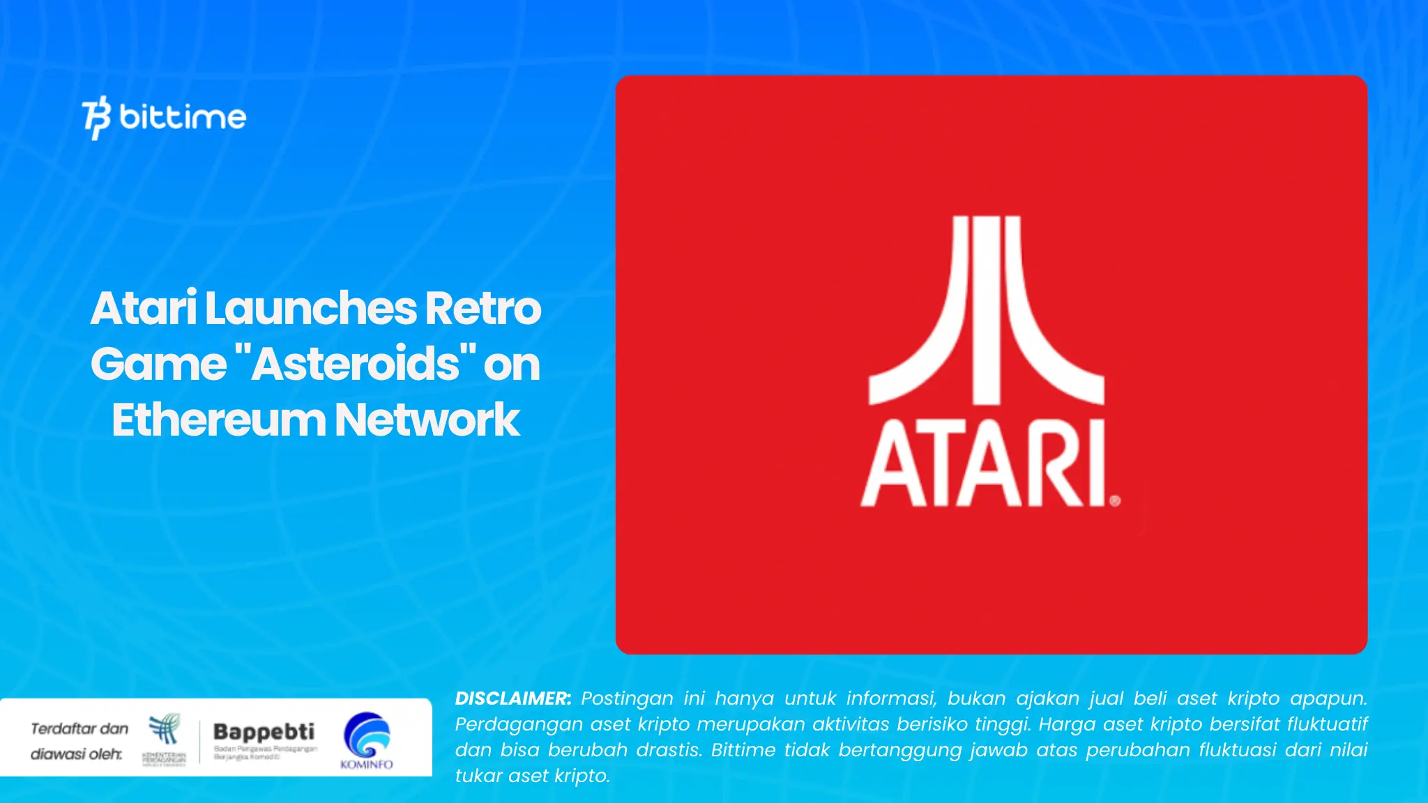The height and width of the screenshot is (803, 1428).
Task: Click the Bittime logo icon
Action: click(96, 117)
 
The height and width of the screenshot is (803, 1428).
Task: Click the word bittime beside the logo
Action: click(183, 116)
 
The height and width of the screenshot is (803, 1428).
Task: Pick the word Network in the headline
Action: click(427, 420)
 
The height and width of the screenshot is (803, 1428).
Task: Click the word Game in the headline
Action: click(158, 364)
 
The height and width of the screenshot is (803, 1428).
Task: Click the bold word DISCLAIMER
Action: click(512, 698)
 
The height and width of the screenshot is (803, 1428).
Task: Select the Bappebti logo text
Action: click(264, 731)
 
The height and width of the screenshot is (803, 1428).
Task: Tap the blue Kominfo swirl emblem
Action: click(367, 734)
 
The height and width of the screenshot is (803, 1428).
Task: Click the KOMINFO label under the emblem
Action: click(367, 765)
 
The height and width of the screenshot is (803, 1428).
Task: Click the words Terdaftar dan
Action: click(79, 728)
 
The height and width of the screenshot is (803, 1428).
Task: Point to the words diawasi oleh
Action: click(76, 754)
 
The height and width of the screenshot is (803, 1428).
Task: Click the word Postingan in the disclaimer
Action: click(627, 698)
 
